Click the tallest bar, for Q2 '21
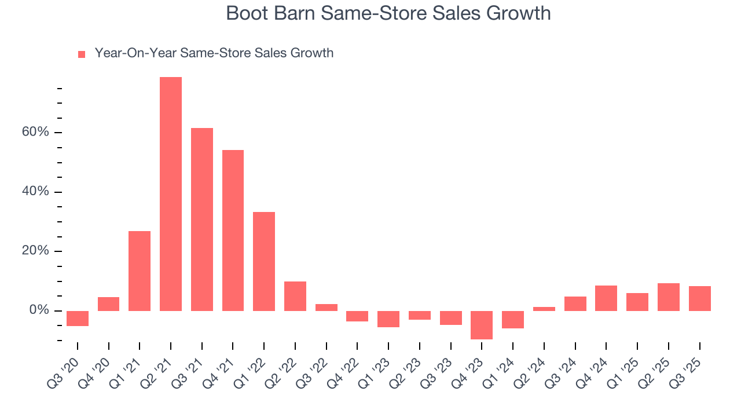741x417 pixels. coord(171,194)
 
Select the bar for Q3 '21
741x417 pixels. coord(202,220)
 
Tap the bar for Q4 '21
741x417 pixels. coord(233,231)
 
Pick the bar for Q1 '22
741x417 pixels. coord(264,261)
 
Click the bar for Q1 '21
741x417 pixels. coord(140,271)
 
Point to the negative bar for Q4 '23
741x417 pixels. coord(482,325)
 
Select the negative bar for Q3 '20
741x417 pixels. coord(78,319)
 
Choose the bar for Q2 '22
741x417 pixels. coord(295,296)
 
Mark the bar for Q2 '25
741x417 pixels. coord(669,297)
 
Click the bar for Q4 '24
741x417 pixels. coord(606,298)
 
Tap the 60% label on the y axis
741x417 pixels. coord(35,133)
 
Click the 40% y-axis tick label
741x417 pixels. coord(35,192)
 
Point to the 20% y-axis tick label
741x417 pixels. coord(35,251)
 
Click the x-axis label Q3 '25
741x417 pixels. coord(689,365)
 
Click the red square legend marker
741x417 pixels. coord(82,54)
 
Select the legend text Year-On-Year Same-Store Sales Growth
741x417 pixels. coord(214,53)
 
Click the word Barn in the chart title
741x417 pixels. coord(298,13)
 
